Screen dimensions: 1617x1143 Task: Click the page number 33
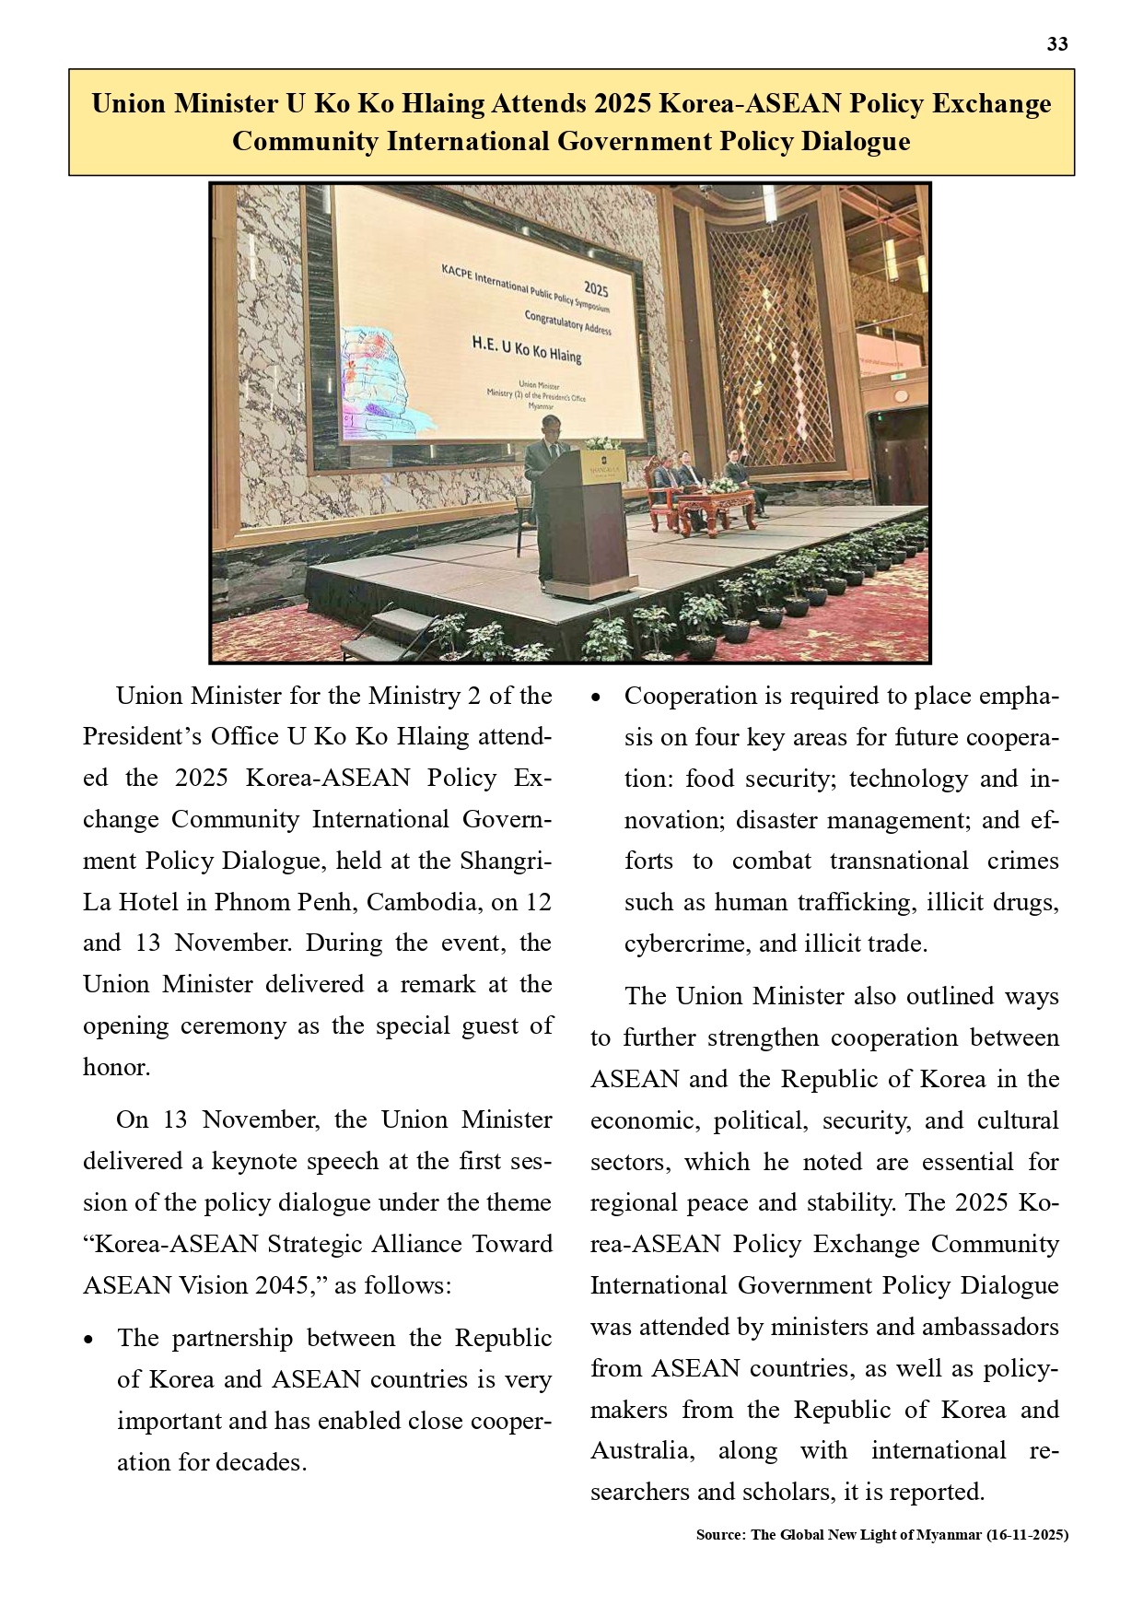click(1057, 44)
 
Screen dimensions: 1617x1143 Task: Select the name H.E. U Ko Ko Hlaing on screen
click(527, 349)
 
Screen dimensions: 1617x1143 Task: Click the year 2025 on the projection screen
click(595, 289)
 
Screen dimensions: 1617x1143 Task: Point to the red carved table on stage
click(714, 507)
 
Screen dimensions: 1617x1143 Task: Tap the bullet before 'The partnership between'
click(89, 1340)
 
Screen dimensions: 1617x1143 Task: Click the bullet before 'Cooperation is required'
click(597, 697)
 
